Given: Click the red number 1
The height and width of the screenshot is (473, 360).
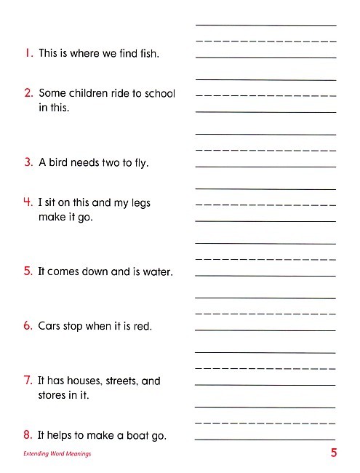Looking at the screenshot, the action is point(28,53).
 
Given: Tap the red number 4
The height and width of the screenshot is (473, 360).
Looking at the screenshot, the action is point(28,203).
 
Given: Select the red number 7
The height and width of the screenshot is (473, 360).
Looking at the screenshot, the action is point(28,381).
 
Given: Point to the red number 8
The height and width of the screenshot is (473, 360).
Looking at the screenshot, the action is point(28,435).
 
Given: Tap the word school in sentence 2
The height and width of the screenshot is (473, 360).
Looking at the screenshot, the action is point(159,93).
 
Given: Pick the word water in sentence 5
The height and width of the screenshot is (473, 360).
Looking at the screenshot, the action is point(155,272).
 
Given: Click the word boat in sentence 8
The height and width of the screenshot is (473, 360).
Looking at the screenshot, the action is point(137,435).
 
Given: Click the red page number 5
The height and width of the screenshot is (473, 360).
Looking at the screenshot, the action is point(333,453).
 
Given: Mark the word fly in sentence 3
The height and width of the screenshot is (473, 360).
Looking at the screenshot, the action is point(140,163).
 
